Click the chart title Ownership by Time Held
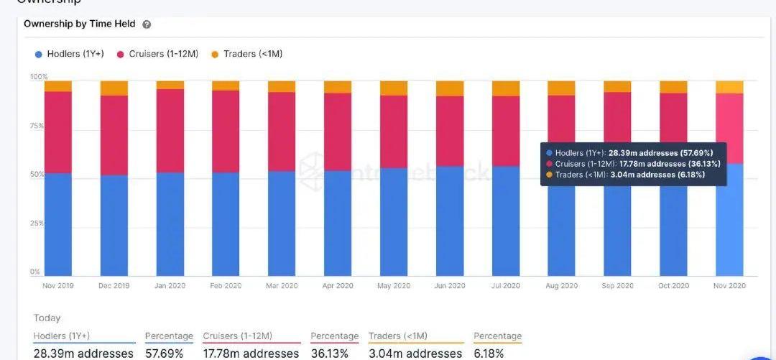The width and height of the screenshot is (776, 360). click(80, 24)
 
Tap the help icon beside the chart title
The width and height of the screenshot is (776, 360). click(147, 24)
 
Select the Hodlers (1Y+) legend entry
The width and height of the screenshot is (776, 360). click(69, 54)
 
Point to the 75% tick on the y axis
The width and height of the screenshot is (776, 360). click(37, 126)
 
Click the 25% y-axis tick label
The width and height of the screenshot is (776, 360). click(37, 223)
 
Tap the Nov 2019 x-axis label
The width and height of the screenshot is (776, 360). click(58, 285)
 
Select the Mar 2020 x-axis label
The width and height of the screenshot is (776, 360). click(282, 285)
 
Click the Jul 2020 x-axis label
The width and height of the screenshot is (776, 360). click(506, 285)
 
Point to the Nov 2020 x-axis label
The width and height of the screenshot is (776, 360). click(729, 285)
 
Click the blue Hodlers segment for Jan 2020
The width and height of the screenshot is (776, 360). click(170, 224)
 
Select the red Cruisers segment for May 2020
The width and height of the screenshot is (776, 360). click(394, 131)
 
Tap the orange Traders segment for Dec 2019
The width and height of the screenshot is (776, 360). click(114, 88)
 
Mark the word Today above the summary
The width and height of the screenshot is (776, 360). click(47, 318)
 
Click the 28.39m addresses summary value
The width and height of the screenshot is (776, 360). click(83, 354)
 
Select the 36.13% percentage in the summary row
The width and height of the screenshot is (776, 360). click(329, 354)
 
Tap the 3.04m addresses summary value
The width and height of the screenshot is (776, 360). click(415, 354)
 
